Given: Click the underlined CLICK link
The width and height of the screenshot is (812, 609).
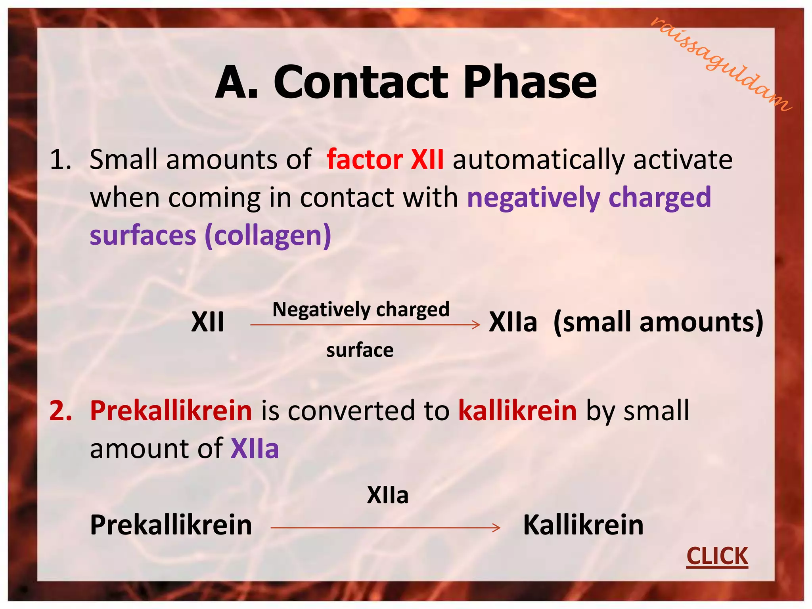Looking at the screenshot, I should point(717,556).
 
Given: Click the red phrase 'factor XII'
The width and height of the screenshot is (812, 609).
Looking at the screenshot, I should point(385,160).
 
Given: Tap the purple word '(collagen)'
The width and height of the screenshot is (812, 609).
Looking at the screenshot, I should point(268,236).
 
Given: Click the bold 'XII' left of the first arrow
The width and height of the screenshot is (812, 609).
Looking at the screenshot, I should point(207,322).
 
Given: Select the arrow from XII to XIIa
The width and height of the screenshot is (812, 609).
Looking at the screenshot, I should point(365,325).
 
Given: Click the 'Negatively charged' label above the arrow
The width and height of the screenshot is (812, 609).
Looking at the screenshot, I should point(361,309).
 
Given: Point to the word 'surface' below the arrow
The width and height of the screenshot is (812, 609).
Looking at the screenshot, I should point(360,350).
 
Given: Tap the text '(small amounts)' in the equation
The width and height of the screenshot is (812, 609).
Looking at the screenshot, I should point(658,322).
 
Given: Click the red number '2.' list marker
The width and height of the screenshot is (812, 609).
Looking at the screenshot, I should point(61,410).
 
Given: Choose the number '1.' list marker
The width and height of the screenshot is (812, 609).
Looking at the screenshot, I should point(61,160).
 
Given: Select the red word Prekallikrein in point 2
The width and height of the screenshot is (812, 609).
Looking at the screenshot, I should point(171,410).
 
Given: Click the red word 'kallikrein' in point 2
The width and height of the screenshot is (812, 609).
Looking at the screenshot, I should point(517,410).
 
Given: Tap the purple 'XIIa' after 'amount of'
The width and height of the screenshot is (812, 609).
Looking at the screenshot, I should point(255,449).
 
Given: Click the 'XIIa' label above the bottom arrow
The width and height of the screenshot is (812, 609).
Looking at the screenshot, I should point(387,495).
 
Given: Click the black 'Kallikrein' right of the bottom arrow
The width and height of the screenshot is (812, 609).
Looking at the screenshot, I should point(583,525).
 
